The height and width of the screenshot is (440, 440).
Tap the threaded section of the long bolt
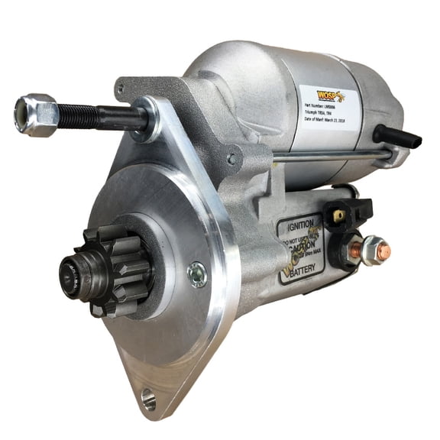click(85, 116)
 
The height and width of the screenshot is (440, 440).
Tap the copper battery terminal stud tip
click(383, 247)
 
